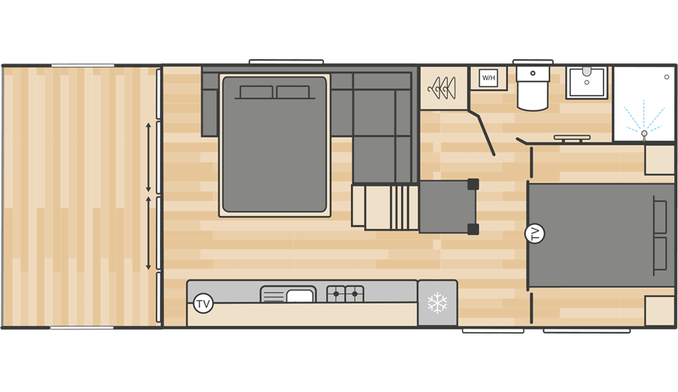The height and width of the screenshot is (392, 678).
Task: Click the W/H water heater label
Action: [x=488, y=78]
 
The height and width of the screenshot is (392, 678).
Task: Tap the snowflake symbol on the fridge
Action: [x=437, y=304]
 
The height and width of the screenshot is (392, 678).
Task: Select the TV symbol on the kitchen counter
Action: [x=203, y=304]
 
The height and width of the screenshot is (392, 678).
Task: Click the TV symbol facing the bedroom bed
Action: [x=534, y=233]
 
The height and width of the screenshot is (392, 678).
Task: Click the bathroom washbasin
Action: [x=587, y=82]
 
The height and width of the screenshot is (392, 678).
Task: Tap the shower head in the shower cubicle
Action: [x=644, y=133]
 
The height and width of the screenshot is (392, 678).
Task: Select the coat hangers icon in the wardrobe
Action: [x=442, y=88]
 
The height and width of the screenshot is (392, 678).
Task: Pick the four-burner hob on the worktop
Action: [x=345, y=294]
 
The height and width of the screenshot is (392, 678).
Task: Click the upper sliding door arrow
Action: [x=148, y=157]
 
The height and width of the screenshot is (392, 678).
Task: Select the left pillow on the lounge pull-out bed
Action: [x=256, y=92]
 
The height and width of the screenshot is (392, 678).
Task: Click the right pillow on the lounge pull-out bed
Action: [x=293, y=92]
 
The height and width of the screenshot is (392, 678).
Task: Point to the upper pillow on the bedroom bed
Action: [x=660, y=214]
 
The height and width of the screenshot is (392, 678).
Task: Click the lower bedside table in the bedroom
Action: [x=659, y=311]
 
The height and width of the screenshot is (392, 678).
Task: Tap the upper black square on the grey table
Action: [x=472, y=185]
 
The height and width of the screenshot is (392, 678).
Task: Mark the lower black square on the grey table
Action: [x=472, y=229]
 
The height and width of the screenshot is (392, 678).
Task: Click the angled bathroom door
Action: [x=482, y=132]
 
